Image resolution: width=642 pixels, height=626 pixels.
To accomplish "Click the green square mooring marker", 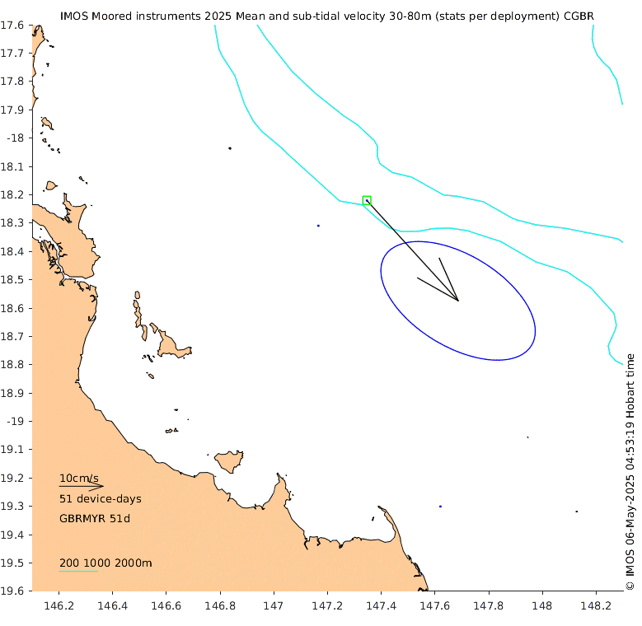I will [367, 200].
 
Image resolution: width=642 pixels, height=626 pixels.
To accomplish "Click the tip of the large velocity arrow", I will [458, 301].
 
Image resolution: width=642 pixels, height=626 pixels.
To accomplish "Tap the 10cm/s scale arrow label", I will [78, 478].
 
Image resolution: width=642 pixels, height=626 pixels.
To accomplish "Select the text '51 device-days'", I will [100, 499].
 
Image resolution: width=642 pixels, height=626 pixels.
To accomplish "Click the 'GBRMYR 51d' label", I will [95, 519].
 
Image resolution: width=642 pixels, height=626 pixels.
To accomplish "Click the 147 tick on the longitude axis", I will [274, 608].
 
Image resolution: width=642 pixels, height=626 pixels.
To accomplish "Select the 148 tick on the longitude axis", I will [542, 608].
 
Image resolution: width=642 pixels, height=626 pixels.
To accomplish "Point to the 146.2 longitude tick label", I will [59, 608].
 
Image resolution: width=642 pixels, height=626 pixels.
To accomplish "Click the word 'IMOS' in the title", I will [76, 16].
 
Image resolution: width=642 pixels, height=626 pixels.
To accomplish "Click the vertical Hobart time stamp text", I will [630, 471].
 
